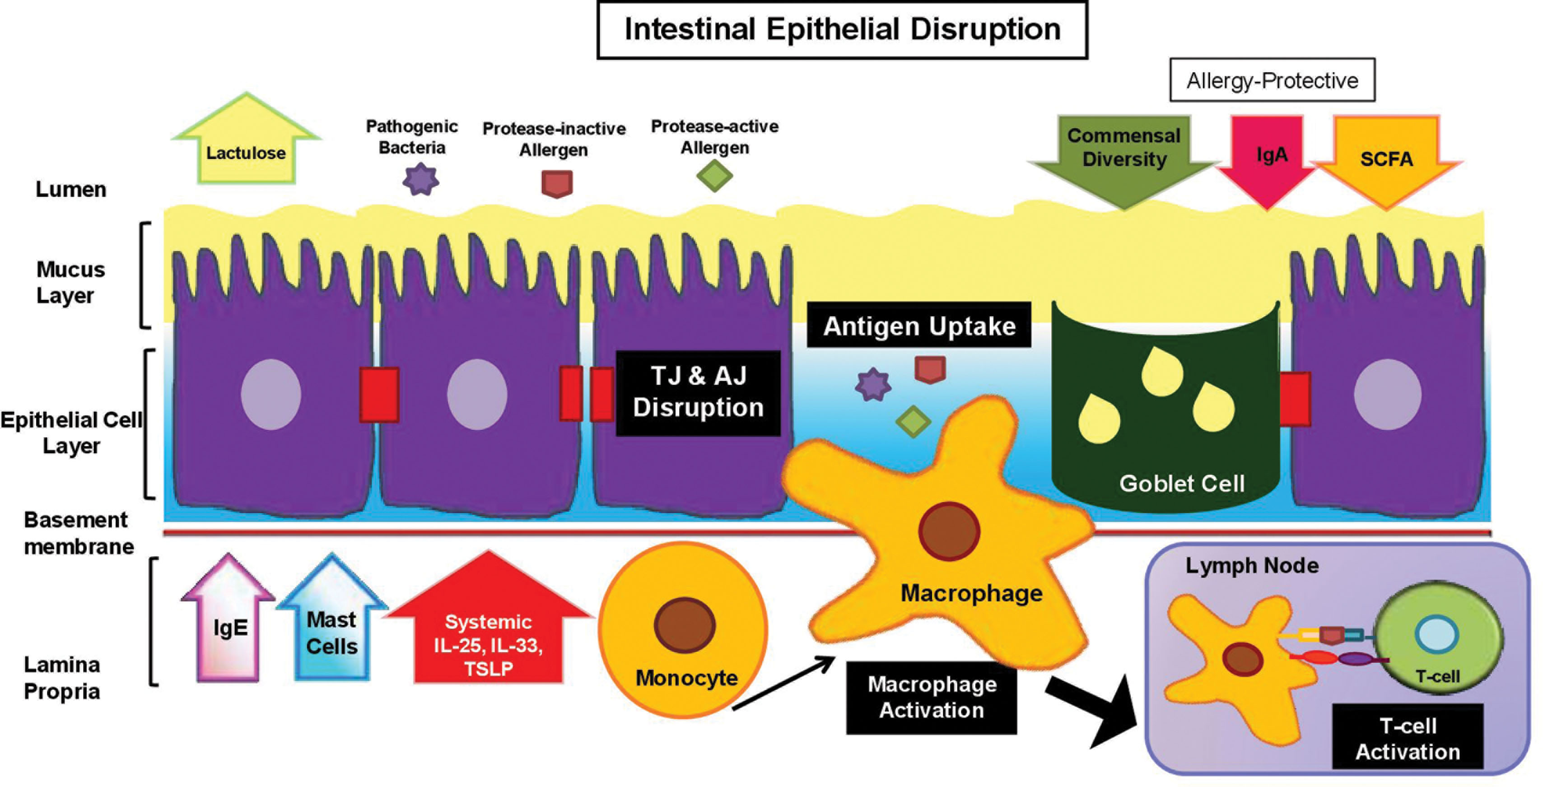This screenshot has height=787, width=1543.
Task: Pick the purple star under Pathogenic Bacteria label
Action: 420,179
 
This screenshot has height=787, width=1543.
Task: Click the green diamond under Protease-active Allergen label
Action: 714,176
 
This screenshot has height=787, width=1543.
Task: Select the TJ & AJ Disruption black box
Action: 699,393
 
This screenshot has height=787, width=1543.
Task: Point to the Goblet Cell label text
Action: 1182,483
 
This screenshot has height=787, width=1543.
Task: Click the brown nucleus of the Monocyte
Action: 684,625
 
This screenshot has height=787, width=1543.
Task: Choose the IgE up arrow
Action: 229,626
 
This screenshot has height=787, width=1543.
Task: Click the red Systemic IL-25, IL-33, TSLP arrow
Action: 488,635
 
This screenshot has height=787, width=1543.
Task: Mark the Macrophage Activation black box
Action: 932,698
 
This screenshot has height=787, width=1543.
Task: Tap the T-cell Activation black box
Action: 1408,737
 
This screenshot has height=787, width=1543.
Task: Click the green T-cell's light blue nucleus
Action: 1436,635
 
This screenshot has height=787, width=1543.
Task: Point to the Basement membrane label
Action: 78,533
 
